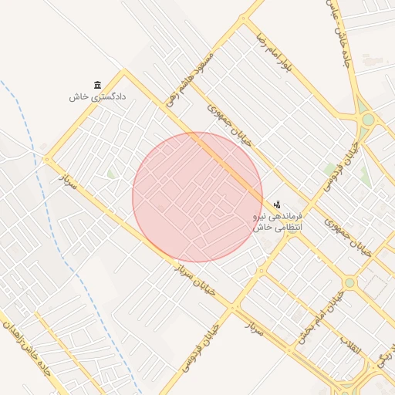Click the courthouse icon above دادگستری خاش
tap(97, 84)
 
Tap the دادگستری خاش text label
tap(97, 97)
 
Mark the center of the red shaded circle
tap(197, 197)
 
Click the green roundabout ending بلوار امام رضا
tap(368, 120)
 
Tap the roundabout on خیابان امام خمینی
tap(349, 283)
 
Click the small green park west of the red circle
tap(113, 174)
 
